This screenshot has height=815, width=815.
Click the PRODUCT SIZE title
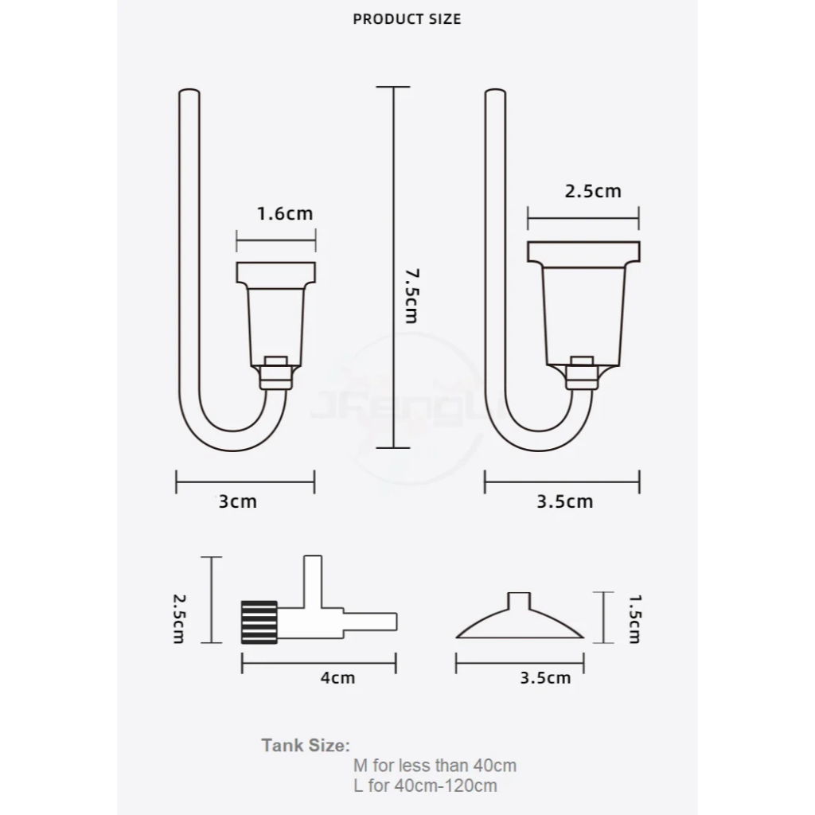click(407, 19)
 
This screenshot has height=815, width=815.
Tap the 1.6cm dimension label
click(286, 213)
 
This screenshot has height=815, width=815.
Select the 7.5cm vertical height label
click(411, 296)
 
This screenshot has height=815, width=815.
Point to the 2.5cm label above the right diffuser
click(593, 191)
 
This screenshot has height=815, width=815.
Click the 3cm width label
click(237, 501)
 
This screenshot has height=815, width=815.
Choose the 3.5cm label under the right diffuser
click(565, 501)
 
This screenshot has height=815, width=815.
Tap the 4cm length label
click(337, 678)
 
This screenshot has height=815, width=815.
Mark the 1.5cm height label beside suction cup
click(634, 619)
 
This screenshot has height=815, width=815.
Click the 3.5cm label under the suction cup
click(545, 678)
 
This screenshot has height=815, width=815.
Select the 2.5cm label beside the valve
click(179, 619)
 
